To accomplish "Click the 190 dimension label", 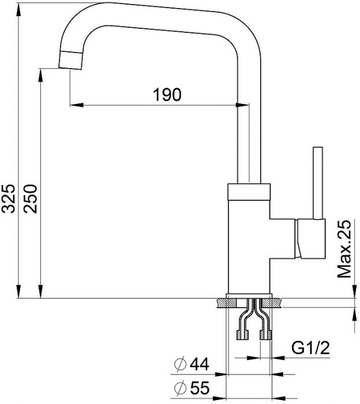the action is point(167,94).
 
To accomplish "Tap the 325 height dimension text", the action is point(8,199).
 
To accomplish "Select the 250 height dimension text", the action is point(30,199).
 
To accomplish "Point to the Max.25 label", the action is point(344,249).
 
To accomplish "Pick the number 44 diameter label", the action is point(200,364).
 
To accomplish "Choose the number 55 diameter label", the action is point(200,388).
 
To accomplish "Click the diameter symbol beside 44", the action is point(180,364).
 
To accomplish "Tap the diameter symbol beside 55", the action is point(180,388).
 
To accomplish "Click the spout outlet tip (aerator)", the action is point(70,60).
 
